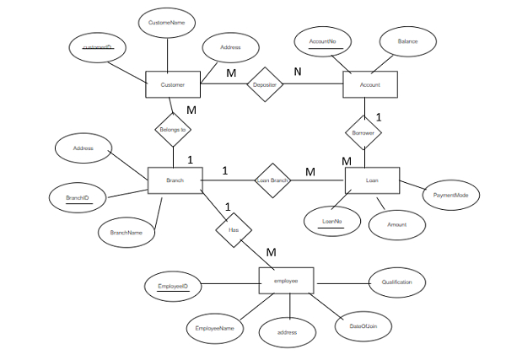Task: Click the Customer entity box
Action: pyautogui.click(x=172, y=85)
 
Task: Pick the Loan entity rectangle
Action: pyautogui.click(x=372, y=180)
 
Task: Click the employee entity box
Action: pyautogui.click(x=286, y=281)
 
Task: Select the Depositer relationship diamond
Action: pyautogui.click(x=264, y=85)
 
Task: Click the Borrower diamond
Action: pyautogui.click(x=363, y=133)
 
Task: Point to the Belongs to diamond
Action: pyautogui.click(x=172, y=130)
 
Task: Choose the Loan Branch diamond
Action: pyautogui.click(x=272, y=180)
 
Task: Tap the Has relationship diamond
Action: pyautogui.click(x=234, y=228)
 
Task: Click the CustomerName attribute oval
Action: pyautogui.click(x=166, y=22)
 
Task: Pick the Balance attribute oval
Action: pyautogui.click(x=408, y=40)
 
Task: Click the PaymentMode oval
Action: pyautogui.click(x=450, y=195)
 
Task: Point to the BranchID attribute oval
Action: pyautogui.click(x=78, y=199)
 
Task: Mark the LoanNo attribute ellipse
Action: pyautogui.click(x=331, y=222)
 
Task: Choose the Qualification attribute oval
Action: pyautogui.click(x=397, y=282)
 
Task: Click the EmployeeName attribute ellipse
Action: pyautogui.click(x=213, y=327)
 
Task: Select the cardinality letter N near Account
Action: pyautogui.click(x=297, y=72)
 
